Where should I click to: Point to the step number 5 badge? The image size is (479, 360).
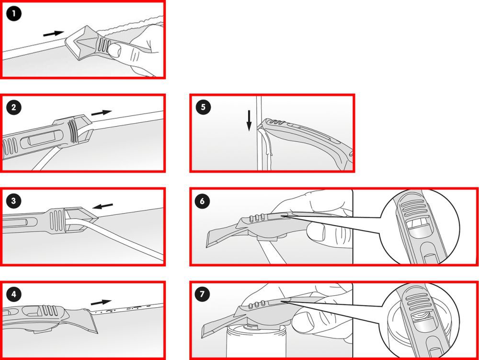pyautogui.click(x=203, y=107)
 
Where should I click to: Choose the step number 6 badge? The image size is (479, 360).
pyautogui.click(x=203, y=201)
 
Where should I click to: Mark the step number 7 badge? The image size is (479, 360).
pyautogui.click(x=203, y=294)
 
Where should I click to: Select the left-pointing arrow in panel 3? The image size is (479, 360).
pyautogui.click(x=103, y=206)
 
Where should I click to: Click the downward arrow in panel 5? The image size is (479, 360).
pyautogui.click(x=249, y=120)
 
